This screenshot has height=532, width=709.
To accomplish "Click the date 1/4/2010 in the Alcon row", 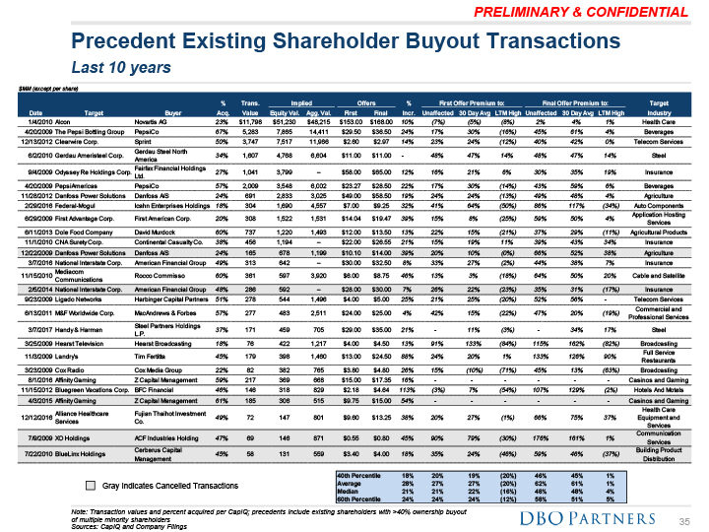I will [x=32, y=121].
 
